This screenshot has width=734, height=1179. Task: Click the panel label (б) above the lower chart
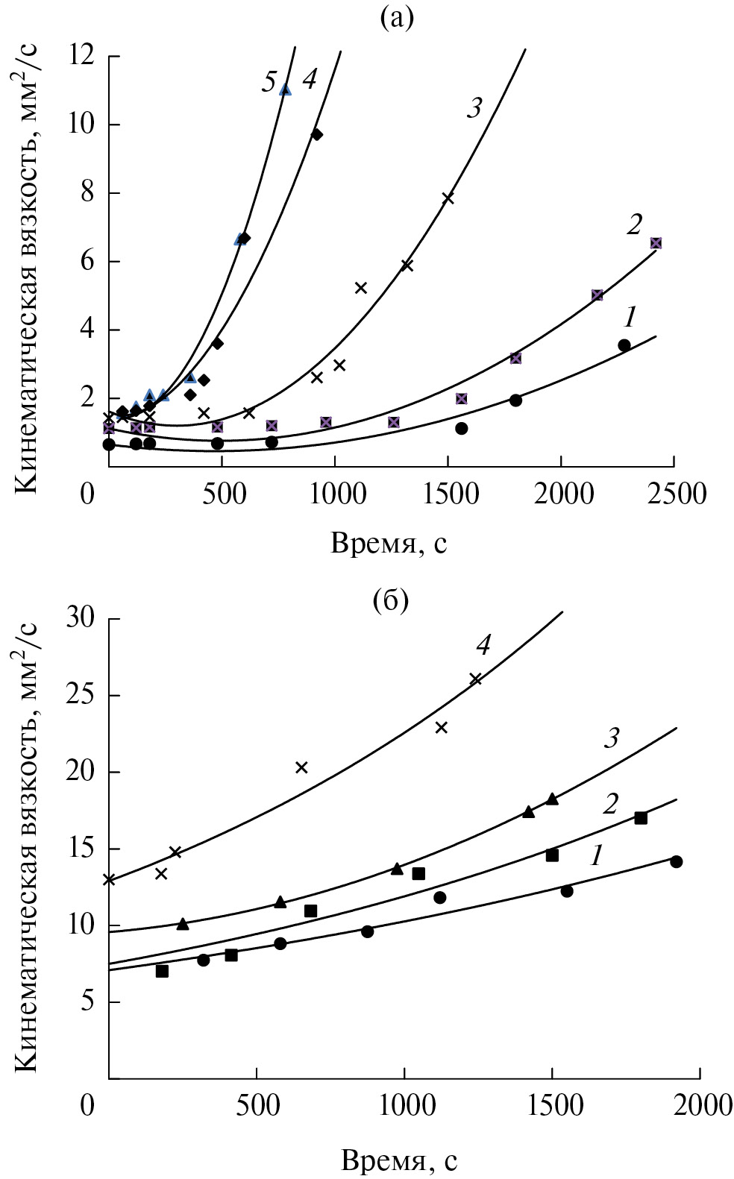[390, 600]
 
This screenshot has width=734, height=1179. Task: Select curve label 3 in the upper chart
[473, 108]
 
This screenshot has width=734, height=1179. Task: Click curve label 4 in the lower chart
[483, 645]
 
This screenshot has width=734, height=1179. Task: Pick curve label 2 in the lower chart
[611, 805]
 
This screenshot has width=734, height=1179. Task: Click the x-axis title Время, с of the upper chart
[389, 544]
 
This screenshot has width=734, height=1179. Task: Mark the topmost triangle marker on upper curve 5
[285, 89]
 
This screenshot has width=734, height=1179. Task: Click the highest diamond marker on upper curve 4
[316, 134]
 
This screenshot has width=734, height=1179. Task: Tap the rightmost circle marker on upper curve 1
[624, 345]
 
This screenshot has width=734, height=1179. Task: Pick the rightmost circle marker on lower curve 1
[676, 862]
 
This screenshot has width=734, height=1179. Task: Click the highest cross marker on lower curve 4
[475, 679]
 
